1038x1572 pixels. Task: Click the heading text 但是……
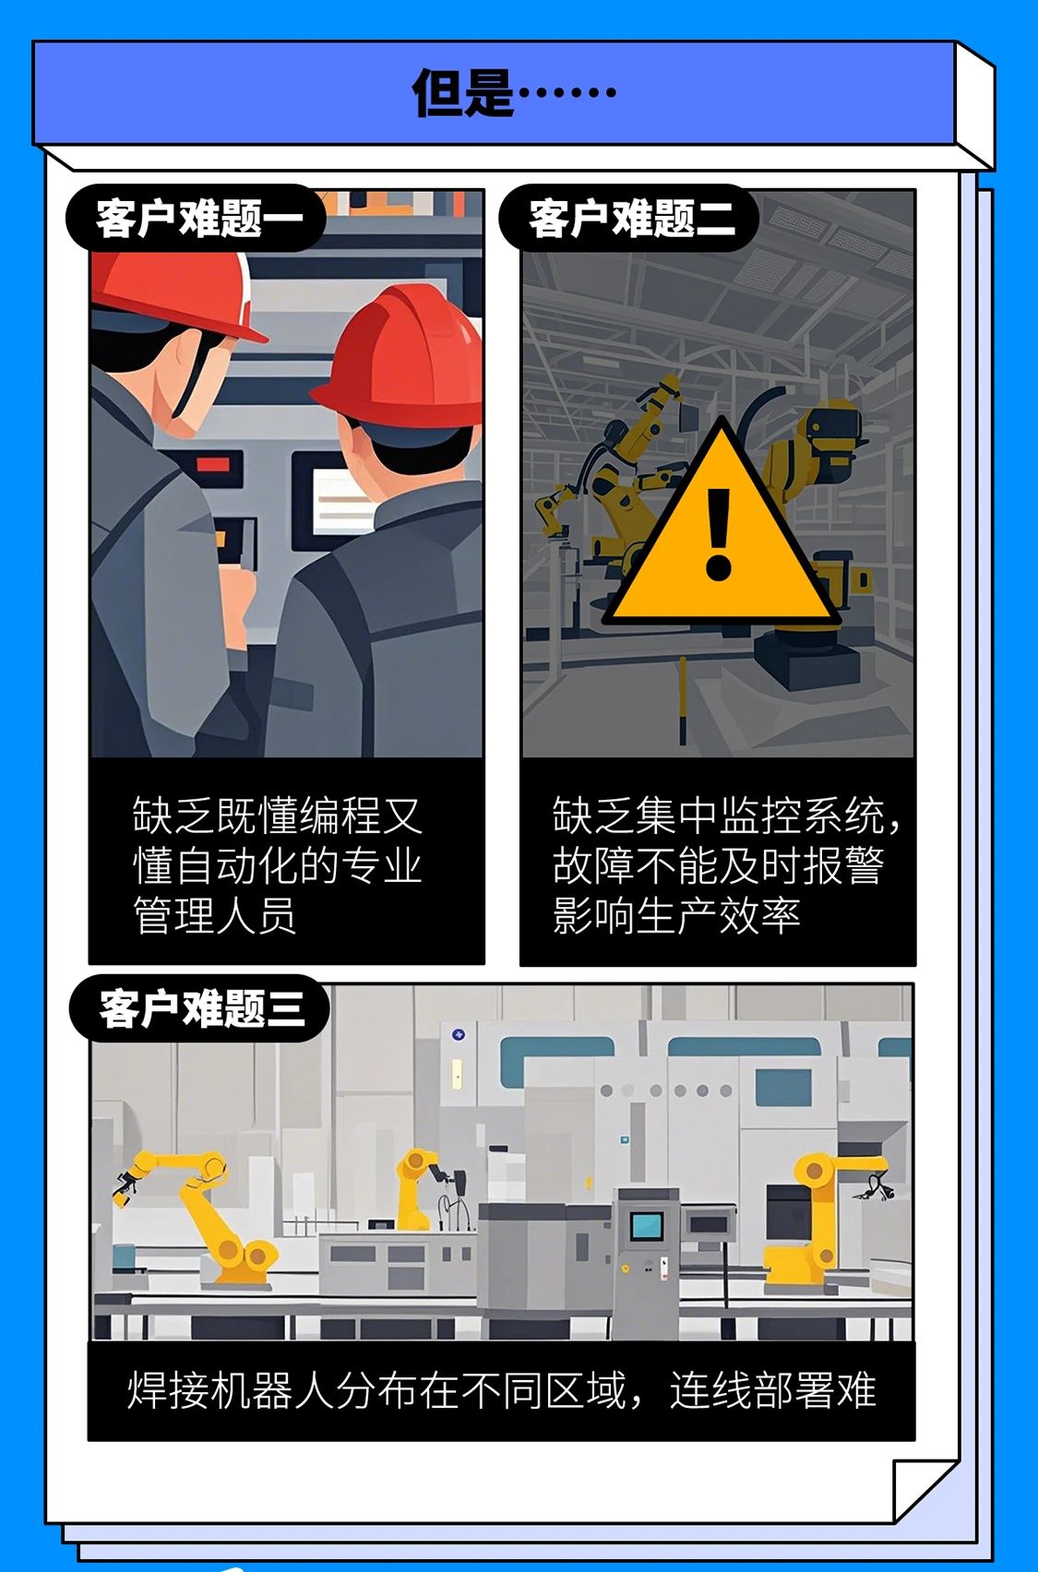tap(514, 92)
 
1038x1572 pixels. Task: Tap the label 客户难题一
tap(199, 219)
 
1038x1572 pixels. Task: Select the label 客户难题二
tap(632, 219)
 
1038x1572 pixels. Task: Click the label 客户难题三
tap(201, 1008)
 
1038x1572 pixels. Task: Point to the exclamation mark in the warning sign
tap(718, 534)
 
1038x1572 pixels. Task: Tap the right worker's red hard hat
tap(398, 358)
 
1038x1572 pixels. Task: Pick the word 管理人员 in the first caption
tap(215, 915)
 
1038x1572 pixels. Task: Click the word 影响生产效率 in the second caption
tap(676, 915)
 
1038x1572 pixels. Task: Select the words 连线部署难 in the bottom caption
tap(773, 1390)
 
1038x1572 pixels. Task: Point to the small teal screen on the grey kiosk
tap(647, 1224)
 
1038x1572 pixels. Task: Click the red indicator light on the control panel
tap(212, 464)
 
